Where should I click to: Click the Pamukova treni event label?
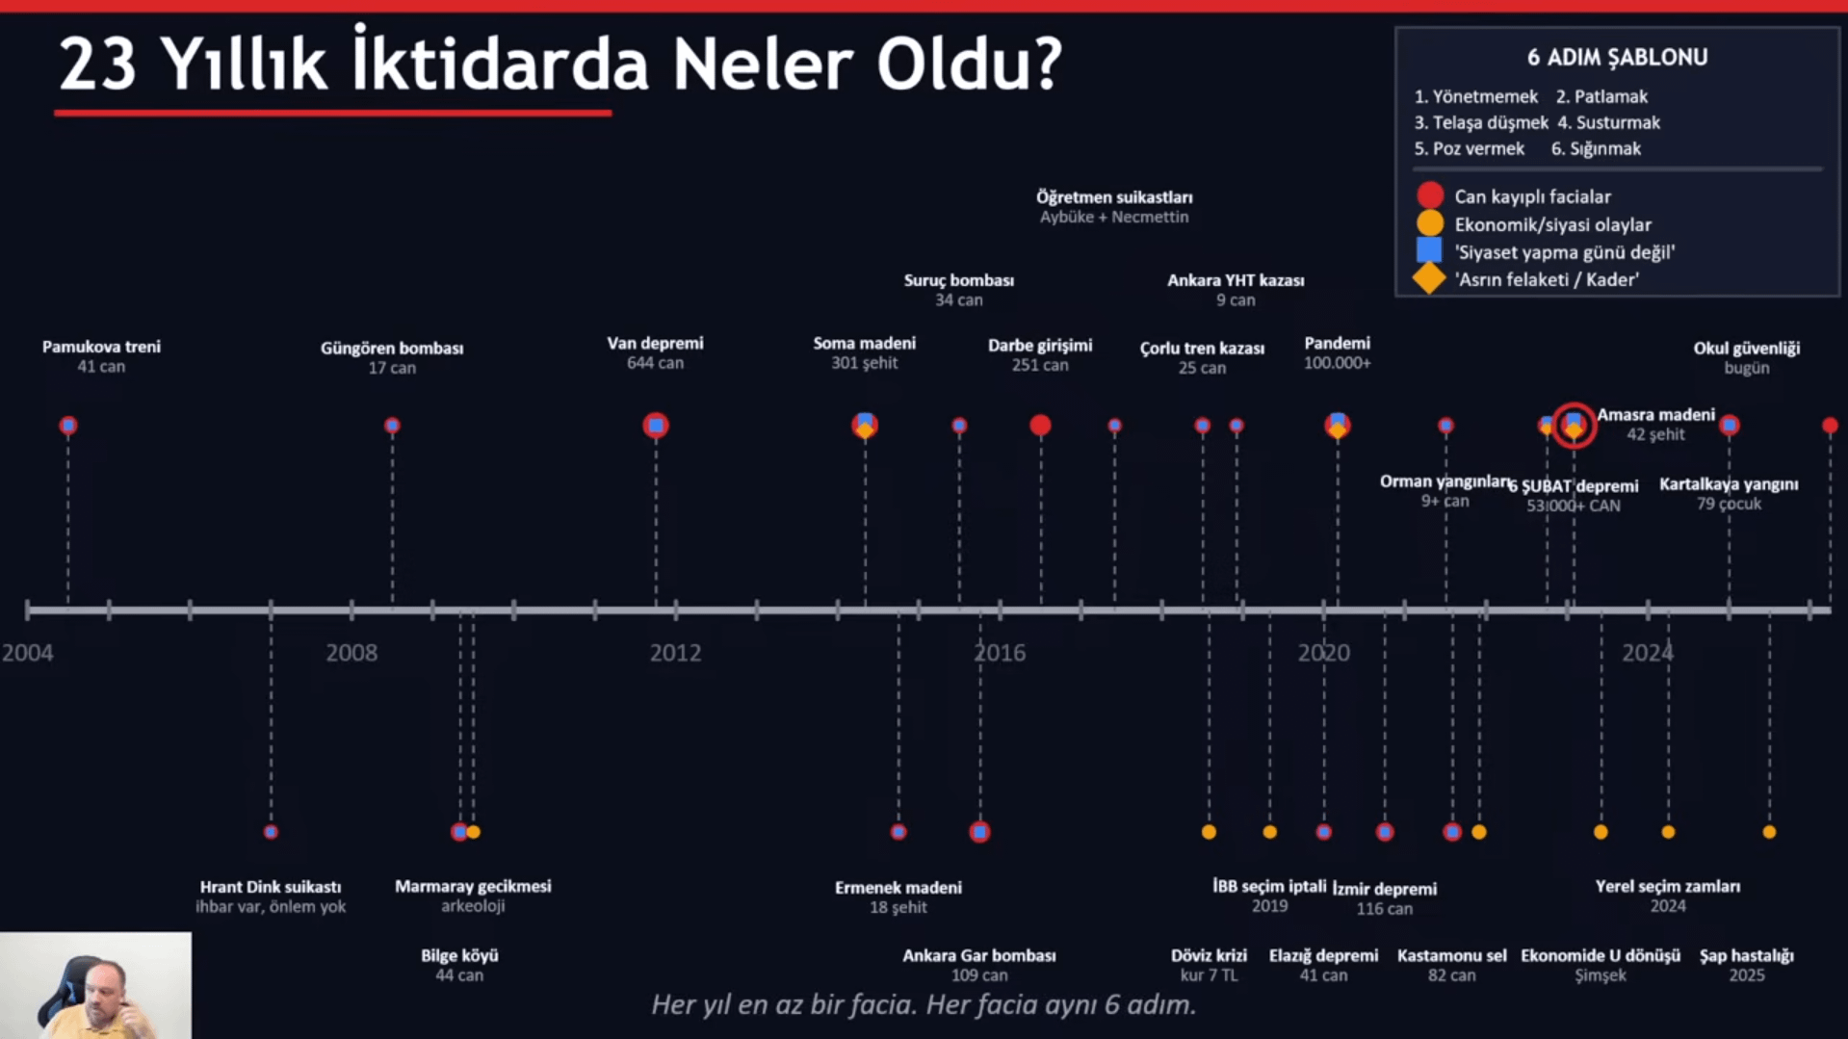(x=101, y=348)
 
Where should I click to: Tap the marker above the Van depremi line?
(x=656, y=426)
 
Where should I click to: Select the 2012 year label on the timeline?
(x=675, y=653)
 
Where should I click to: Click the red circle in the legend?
(x=1430, y=195)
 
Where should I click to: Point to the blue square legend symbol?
(x=1429, y=251)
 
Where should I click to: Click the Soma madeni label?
(x=864, y=344)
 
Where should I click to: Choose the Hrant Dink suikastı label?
(x=271, y=887)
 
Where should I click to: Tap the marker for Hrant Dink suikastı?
(x=271, y=832)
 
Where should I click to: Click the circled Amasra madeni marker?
(x=1574, y=425)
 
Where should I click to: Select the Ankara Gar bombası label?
(x=978, y=956)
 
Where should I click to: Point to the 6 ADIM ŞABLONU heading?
(x=1617, y=58)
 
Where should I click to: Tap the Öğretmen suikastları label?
(x=1114, y=197)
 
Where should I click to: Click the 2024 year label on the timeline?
(x=1647, y=653)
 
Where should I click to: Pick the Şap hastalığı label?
(x=1746, y=956)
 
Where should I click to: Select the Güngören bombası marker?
(x=392, y=426)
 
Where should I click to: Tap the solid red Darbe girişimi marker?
(x=1040, y=426)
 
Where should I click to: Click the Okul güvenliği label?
(x=1746, y=349)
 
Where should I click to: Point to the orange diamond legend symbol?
(x=1429, y=279)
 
